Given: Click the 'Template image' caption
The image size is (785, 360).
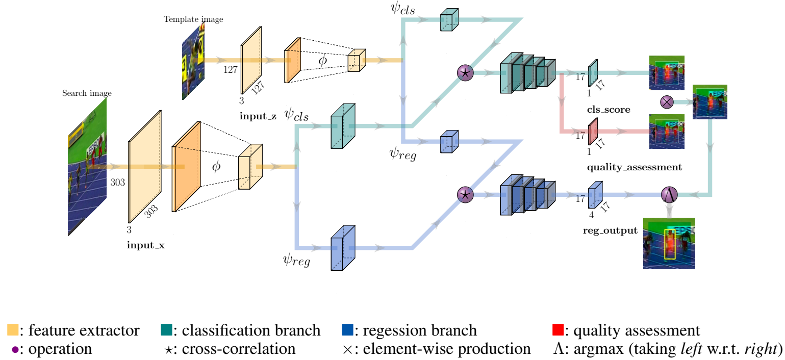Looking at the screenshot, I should coord(193,19).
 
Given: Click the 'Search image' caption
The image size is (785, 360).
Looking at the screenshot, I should coord(87,93).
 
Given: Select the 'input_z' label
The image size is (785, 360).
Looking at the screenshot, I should coord(258,117).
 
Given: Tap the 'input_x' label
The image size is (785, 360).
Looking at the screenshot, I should coord(146,245).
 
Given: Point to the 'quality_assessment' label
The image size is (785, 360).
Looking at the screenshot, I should coord(635,167).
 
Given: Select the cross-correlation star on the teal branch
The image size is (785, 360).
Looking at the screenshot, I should coord(465,73).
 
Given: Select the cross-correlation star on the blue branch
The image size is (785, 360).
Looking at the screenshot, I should coord(465,194).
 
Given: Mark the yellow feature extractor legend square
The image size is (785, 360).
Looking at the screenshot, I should coord(13,330).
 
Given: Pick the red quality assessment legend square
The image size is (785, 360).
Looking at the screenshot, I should coord(558,330).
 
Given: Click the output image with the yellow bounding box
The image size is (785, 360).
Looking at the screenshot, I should coord(669,244).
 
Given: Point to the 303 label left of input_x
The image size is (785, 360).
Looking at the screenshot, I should coord(118,182).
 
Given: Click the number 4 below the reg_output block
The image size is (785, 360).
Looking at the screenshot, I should coord(592,215).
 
